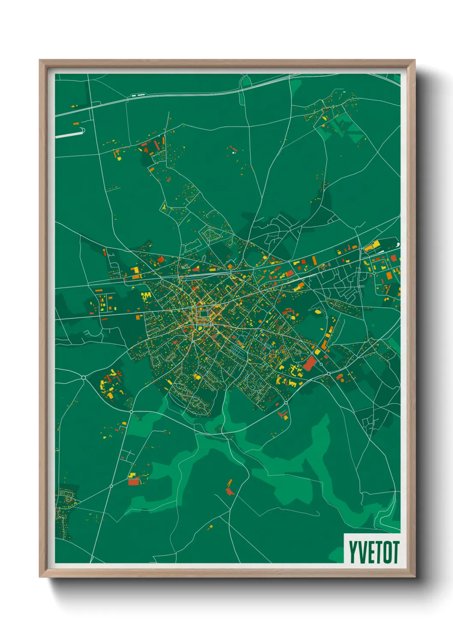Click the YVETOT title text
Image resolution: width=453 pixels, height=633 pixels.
tap(373, 552)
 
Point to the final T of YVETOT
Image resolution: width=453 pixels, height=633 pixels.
tap(395, 552)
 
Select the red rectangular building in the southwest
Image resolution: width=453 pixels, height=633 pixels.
tap(134, 482)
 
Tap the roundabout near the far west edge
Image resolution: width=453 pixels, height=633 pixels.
tap(83, 377)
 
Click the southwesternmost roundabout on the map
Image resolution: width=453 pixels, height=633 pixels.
tap(111, 486)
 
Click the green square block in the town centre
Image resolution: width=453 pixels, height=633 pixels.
tap(203, 316)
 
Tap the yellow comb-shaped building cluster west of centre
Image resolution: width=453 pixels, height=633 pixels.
tap(146, 296)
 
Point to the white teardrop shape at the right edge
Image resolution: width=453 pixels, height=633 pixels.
tap(398, 245)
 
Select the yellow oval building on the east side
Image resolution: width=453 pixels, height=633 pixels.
tap(318, 312)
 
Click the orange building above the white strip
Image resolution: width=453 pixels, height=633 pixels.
tap(76, 124)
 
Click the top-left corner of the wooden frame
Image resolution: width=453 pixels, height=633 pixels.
tap(40, 61)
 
